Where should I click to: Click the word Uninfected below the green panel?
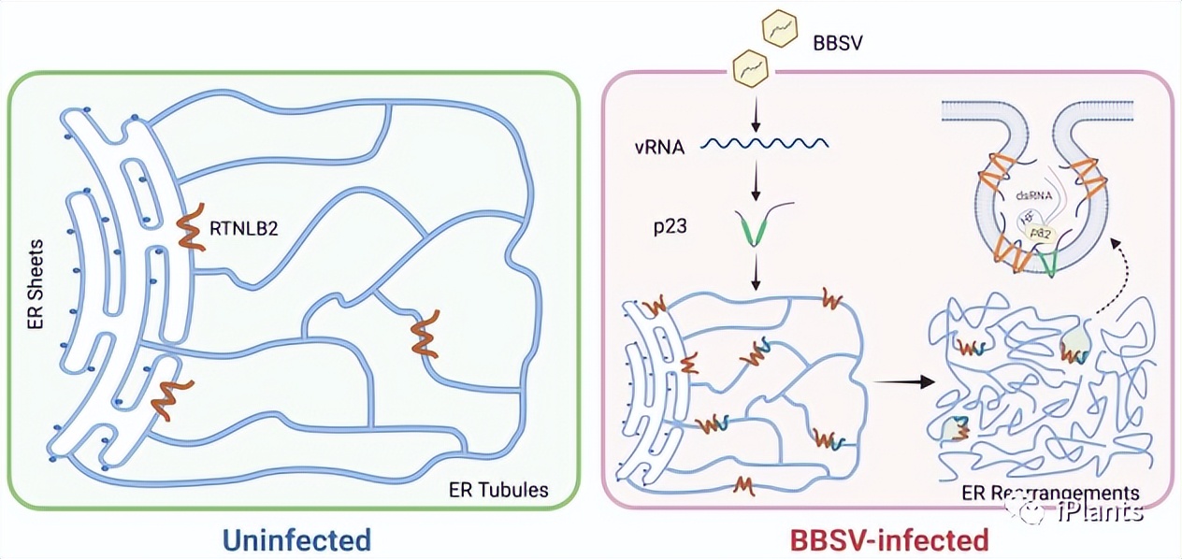point(296,539)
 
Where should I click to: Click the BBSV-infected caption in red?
point(888,539)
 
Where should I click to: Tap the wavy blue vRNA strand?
point(764,145)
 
